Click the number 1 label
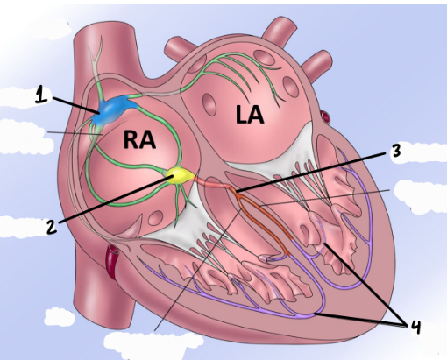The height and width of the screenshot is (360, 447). (41, 95)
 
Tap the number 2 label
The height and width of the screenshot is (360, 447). (52, 227)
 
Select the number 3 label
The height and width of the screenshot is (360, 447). (396, 151)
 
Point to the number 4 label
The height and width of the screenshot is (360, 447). (415, 327)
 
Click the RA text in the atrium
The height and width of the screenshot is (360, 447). (139, 139)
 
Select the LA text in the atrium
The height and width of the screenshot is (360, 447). (250, 115)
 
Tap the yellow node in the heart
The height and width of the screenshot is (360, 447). (180, 175)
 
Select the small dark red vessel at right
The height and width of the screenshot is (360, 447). (325, 117)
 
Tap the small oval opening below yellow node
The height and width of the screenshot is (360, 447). (156, 217)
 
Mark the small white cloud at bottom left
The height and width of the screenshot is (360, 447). (60, 317)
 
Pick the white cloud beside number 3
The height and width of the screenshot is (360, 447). (425, 152)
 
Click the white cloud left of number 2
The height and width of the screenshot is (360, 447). (22, 227)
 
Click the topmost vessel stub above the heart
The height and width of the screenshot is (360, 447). (279, 28)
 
